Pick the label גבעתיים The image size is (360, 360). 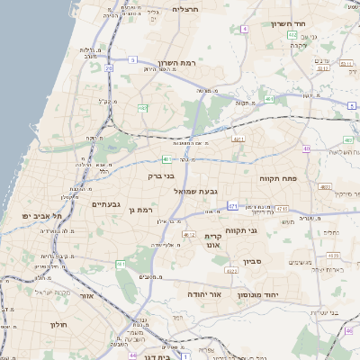tap(106, 203)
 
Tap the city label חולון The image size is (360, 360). tap(60, 324)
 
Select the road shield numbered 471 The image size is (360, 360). tap(232, 206)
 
